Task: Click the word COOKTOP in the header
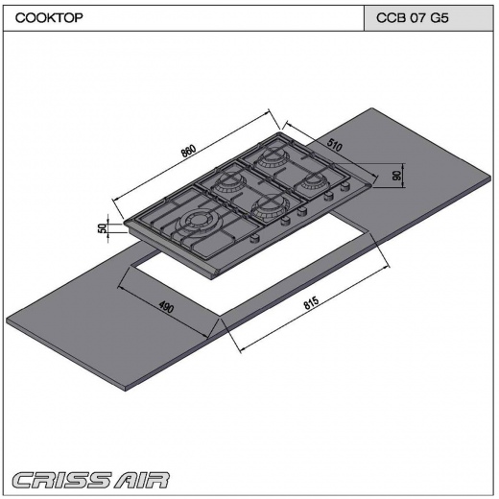click(x=49, y=17)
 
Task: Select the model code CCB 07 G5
click(x=413, y=17)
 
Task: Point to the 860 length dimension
click(x=188, y=152)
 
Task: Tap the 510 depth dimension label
click(x=335, y=145)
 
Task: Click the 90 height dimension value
click(x=397, y=176)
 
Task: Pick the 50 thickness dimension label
click(x=102, y=228)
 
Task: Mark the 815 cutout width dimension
click(x=311, y=303)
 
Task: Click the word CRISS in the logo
click(x=59, y=481)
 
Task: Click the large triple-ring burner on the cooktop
click(x=197, y=222)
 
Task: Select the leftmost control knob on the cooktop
click(x=254, y=238)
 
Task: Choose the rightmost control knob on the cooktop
click(x=345, y=186)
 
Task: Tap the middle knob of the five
click(x=301, y=211)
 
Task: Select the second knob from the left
click(x=286, y=220)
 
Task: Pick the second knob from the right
click(x=328, y=197)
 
